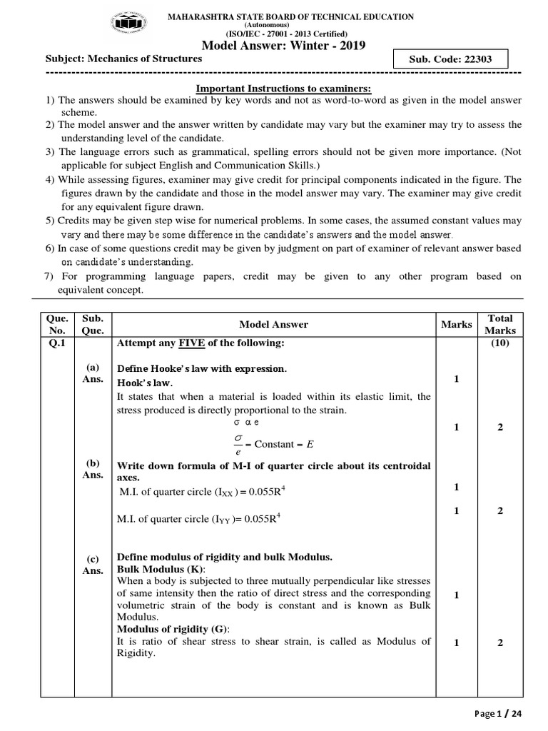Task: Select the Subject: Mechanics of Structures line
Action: tap(123, 59)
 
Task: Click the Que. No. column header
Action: tap(58, 324)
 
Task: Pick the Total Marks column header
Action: tap(500, 324)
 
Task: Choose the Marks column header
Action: tap(456, 324)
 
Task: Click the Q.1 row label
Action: tap(56, 343)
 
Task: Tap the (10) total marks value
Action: tap(500, 343)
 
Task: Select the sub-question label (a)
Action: tap(93, 367)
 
